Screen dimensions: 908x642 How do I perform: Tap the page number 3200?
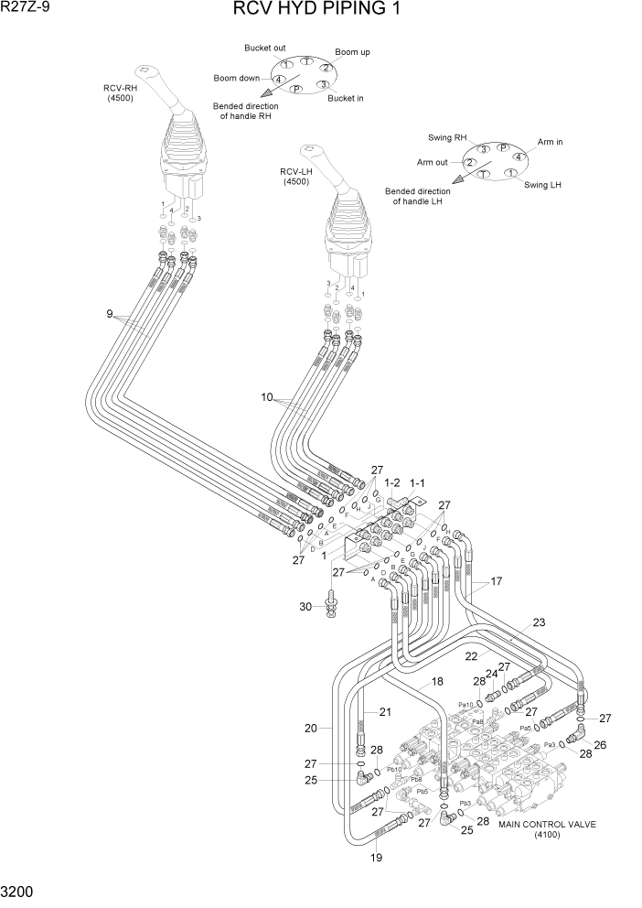pos(19,890)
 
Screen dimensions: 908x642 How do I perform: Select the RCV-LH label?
pos(296,176)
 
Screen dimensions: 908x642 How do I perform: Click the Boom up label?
pos(352,52)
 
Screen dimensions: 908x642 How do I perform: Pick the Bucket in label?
pos(346,98)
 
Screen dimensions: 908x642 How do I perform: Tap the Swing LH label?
pos(542,185)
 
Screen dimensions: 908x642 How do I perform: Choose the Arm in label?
pos(550,142)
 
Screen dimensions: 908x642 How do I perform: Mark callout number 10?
pos(267,398)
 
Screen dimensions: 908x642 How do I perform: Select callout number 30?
pos(306,606)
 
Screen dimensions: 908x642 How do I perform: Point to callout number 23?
pos(540,622)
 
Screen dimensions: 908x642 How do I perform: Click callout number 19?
pos(376,858)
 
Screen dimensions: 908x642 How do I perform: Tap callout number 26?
pos(600,745)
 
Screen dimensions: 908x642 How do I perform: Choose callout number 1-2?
pos(393,481)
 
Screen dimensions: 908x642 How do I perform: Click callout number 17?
pos(498,580)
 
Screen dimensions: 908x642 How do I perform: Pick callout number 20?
pos(311,729)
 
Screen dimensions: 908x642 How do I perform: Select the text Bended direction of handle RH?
pos(242,111)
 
